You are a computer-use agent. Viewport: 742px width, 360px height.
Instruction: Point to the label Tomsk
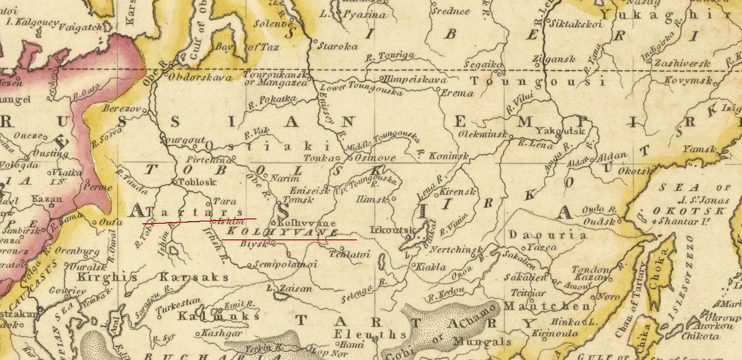tap(300, 200)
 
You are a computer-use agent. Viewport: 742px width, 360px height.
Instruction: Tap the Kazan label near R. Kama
tap(47, 199)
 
